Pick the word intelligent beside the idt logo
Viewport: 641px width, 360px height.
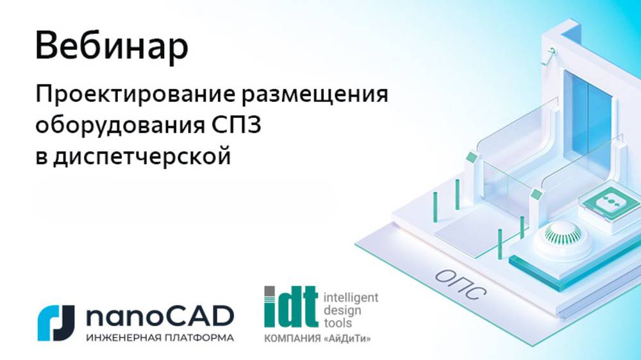[x=351, y=297]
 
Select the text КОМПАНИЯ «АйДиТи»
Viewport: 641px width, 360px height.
[x=317, y=338]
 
